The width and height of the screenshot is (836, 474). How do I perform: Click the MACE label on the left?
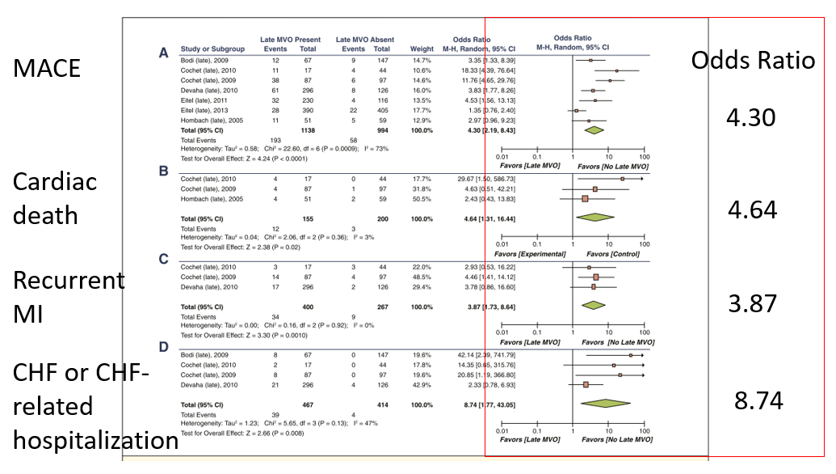click(47, 68)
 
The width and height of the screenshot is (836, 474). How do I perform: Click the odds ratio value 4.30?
click(751, 118)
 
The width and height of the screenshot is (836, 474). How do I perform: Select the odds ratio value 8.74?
click(758, 400)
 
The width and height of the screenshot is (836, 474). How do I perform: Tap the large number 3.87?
click(751, 303)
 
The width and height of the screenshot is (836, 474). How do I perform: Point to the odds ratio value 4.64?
click(751, 210)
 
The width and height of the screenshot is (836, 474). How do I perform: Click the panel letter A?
click(163, 53)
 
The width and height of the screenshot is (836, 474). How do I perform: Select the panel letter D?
click(164, 348)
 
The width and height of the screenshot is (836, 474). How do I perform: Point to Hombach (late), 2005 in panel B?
click(209, 198)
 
